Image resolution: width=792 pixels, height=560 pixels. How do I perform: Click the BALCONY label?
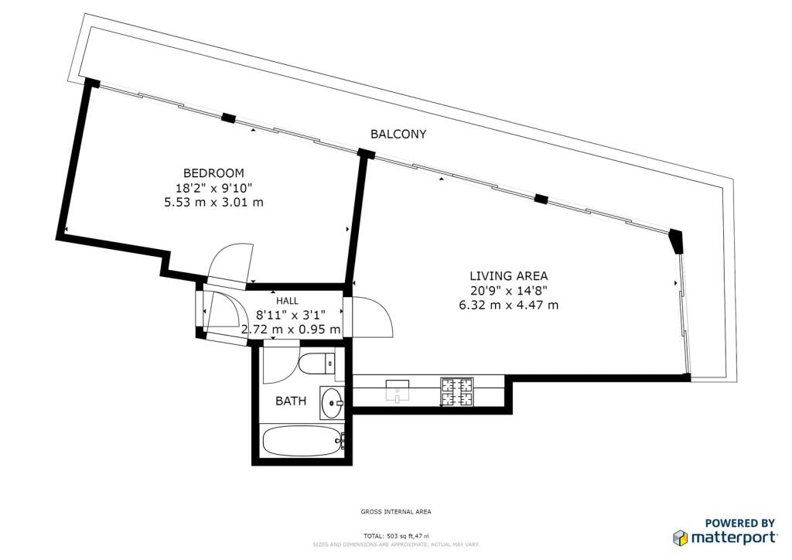(398, 134)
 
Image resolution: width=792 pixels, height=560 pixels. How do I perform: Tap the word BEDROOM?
(213, 173)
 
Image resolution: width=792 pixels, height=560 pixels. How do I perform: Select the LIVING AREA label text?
(509, 275)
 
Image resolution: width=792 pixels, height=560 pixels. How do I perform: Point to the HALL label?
(287, 301)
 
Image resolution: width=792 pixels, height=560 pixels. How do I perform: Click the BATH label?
(291, 401)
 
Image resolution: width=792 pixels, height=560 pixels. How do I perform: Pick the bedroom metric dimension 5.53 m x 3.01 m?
(213, 203)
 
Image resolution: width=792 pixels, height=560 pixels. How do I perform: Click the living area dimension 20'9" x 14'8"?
(509, 290)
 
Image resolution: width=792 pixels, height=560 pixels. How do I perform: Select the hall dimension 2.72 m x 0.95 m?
(291, 330)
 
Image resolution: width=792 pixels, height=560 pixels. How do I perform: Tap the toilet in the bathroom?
(316, 363)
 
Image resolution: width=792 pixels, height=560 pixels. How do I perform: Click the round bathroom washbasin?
(333, 402)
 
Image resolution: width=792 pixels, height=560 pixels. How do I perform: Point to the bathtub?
(303, 441)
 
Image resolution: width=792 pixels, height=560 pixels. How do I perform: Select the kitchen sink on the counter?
(398, 391)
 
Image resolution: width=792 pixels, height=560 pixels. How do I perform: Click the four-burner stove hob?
(456, 392)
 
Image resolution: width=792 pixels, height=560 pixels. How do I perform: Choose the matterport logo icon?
(681, 538)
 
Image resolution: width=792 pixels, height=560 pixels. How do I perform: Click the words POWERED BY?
(740, 523)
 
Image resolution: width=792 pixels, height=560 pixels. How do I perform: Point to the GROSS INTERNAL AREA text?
(396, 511)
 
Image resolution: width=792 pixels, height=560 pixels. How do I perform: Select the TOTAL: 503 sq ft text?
(388, 536)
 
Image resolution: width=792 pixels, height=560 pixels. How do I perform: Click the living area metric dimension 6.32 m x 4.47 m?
(509, 305)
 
